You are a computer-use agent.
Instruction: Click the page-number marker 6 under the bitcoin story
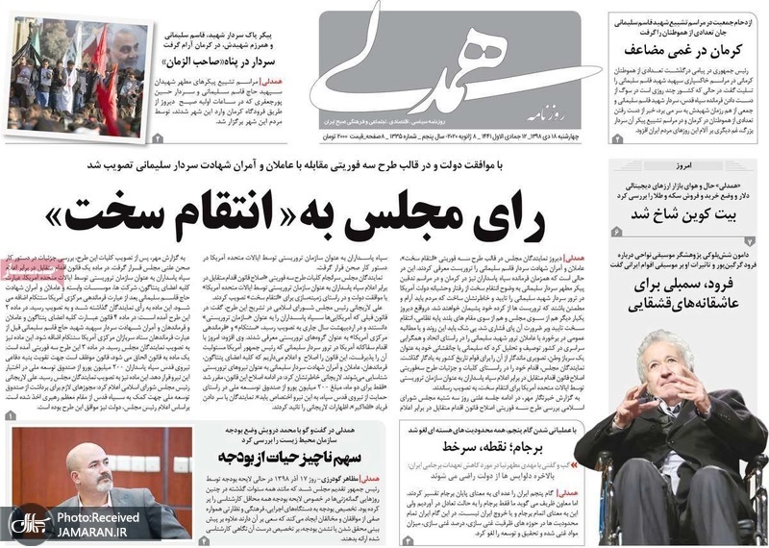(616, 233)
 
